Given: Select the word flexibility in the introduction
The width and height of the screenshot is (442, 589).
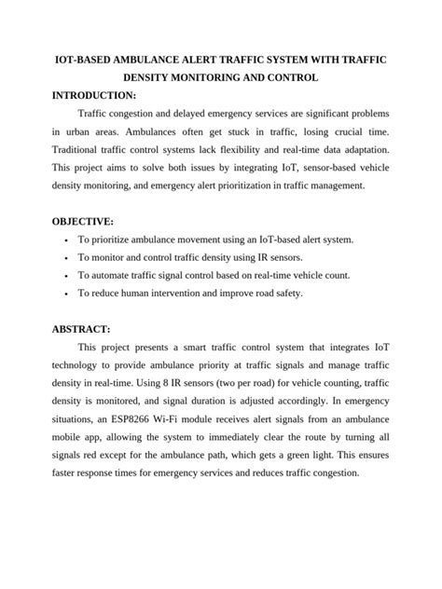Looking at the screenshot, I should [x=273, y=150].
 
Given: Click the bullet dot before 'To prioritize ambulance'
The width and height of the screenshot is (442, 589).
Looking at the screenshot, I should [x=63, y=240].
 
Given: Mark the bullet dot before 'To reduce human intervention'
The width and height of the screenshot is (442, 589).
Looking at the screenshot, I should [x=63, y=294].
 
